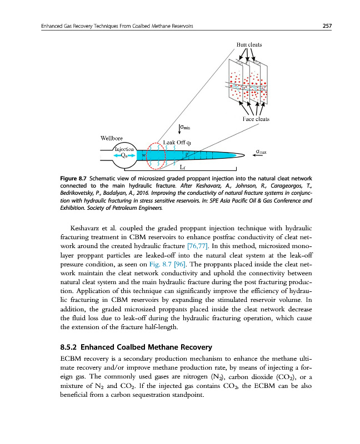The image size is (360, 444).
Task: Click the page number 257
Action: click(327, 27)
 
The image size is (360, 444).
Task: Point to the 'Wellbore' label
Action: click(112, 138)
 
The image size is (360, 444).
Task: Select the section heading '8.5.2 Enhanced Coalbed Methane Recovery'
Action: click(136, 348)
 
